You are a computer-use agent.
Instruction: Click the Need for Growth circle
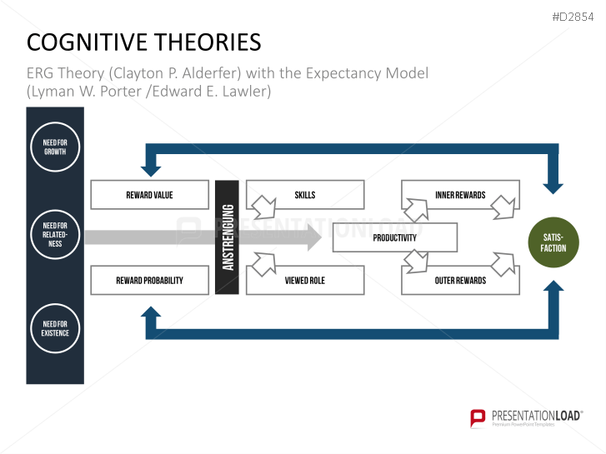[55, 147]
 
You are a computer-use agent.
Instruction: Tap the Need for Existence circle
[55, 327]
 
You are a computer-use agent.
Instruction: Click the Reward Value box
[149, 195]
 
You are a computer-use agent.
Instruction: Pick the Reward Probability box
[149, 281]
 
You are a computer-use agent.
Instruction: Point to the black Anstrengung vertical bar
[227, 237]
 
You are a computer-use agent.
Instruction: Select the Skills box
[305, 195]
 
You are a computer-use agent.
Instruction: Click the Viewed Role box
[305, 281]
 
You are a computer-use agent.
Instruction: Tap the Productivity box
[394, 237]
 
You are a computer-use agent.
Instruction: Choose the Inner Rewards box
[460, 195]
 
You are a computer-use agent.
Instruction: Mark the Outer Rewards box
[460, 281]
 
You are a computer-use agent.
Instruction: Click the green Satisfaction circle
[553, 242]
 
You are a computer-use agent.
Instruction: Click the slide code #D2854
[575, 17]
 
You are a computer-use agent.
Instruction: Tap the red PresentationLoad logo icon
[478, 417]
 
